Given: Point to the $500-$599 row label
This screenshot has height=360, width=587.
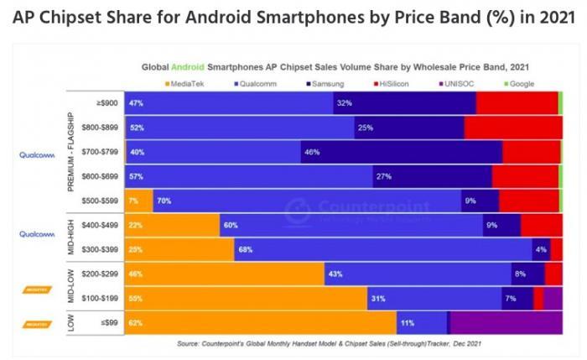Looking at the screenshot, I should click(102, 201).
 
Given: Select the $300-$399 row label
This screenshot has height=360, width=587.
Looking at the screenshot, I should click(102, 249).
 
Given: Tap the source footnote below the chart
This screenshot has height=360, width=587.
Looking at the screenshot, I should click(329, 343).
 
